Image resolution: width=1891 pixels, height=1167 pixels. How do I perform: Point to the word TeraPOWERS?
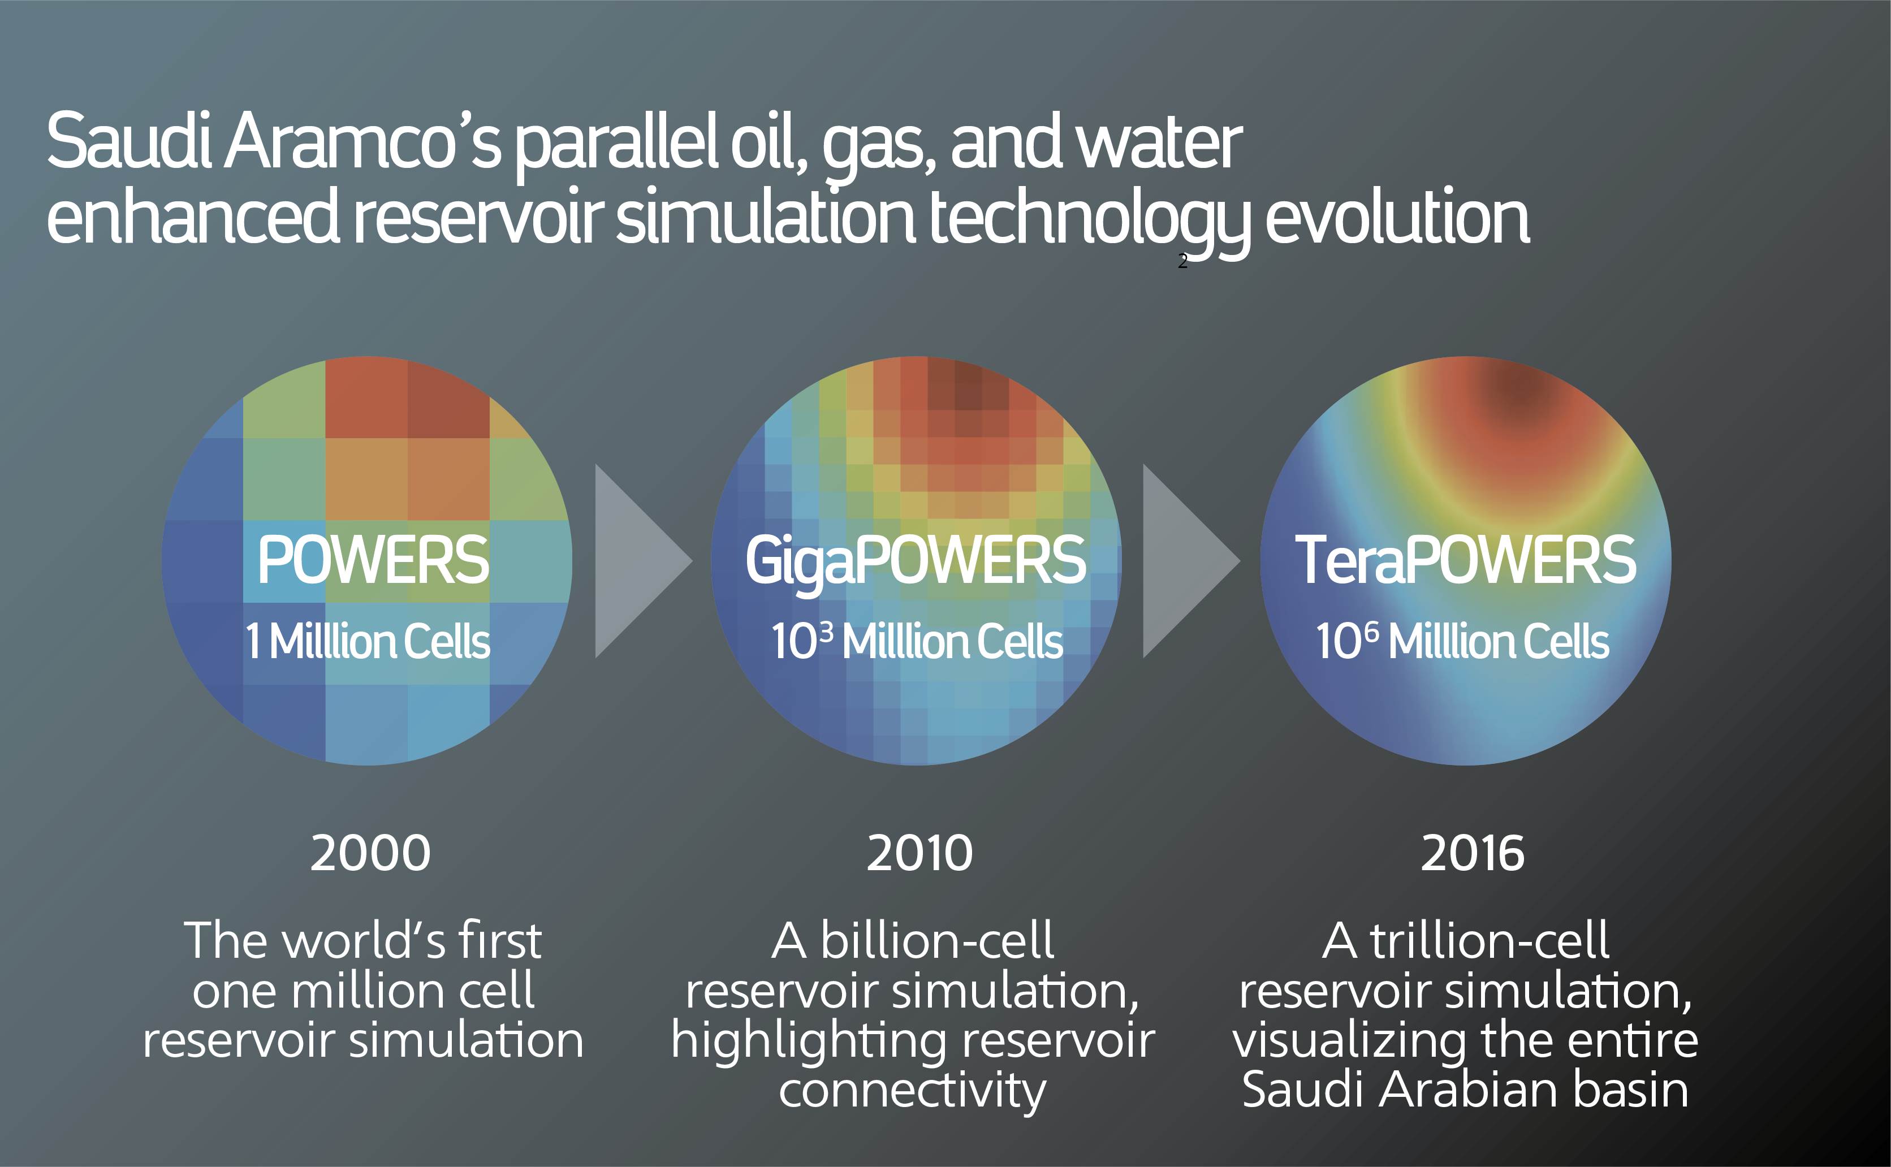coord(1465,560)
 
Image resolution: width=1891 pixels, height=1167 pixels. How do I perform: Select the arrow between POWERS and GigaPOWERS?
coord(644,561)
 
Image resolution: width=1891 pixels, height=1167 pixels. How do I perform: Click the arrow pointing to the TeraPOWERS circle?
coord(1191,561)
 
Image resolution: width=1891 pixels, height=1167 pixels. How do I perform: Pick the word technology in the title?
coord(1090,222)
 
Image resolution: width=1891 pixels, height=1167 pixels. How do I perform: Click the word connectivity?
coord(912,1091)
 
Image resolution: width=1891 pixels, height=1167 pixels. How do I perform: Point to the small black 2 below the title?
coord(1182,262)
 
